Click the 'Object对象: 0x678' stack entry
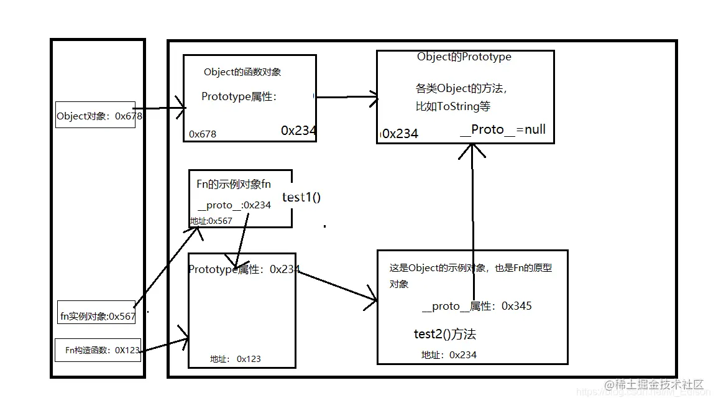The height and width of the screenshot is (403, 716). (95, 116)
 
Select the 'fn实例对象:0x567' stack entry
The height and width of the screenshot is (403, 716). (97, 316)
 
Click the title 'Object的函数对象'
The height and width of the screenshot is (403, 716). (242, 72)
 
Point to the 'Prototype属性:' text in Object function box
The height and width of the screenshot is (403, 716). (239, 97)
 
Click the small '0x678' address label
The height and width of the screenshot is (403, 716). (203, 134)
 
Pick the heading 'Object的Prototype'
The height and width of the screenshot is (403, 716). (464, 57)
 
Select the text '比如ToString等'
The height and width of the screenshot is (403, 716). (452, 106)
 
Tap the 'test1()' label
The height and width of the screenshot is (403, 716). (301, 197)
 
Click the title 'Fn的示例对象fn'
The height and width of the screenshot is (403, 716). (234, 184)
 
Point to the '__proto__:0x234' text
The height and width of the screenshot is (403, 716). (234, 205)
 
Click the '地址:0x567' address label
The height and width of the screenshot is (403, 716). (211, 221)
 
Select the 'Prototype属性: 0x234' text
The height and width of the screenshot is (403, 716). (244, 269)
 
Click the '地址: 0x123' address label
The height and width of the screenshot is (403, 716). (235, 359)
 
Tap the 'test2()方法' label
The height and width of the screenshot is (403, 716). (444, 334)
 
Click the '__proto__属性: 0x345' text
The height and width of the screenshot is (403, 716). (477, 306)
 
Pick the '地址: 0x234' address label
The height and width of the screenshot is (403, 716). (449, 354)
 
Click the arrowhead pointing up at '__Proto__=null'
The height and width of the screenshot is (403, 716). (472, 149)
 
